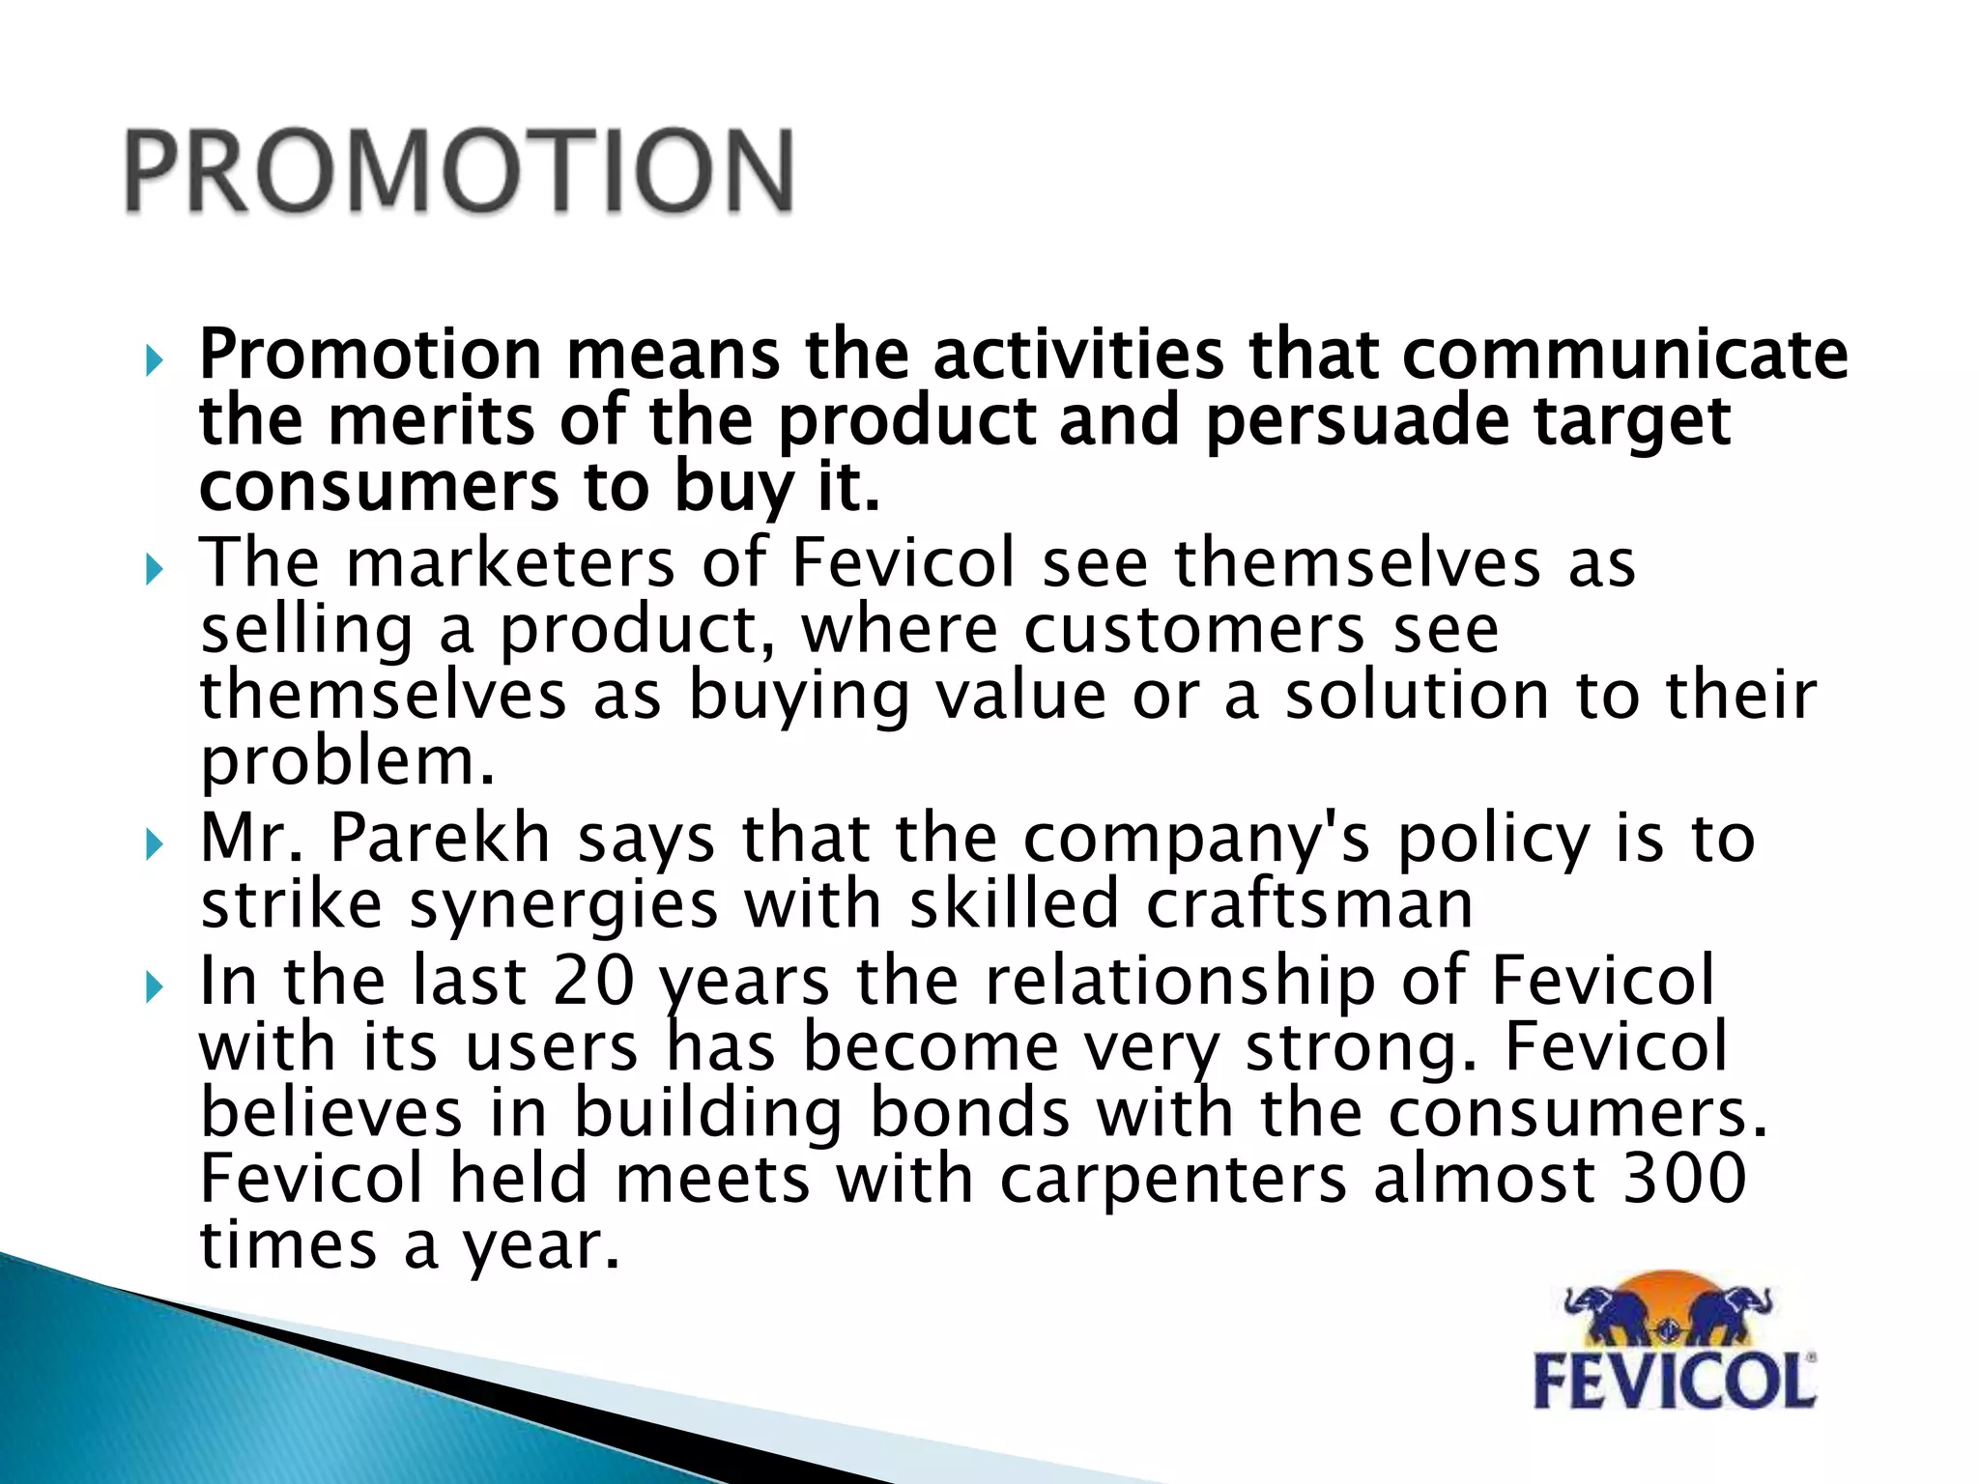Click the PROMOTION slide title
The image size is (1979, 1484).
tap(460, 172)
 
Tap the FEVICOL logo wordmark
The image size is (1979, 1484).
tap(1675, 1382)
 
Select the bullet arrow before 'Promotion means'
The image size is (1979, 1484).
tap(153, 362)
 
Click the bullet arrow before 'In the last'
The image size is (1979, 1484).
tap(153, 988)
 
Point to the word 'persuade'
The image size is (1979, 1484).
tap(1358, 421)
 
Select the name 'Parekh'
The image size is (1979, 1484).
tap(440, 838)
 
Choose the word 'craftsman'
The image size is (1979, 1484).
tap(1309, 904)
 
